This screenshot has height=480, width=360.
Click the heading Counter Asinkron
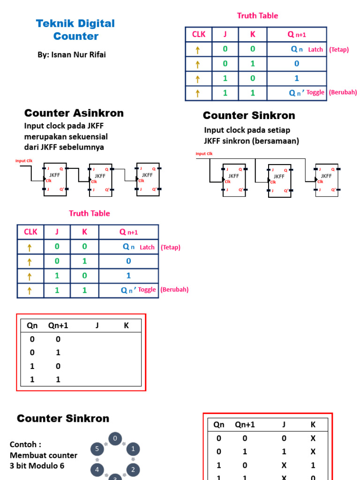pyautogui.click(x=74, y=113)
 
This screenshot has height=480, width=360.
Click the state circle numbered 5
pyautogui.click(x=97, y=449)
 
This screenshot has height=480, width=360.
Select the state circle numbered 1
pyautogui.click(x=133, y=449)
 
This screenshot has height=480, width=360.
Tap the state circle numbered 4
pyautogui.click(x=97, y=469)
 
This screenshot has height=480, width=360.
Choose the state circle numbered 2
pyautogui.click(x=133, y=469)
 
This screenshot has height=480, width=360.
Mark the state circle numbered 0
pyautogui.click(x=115, y=439)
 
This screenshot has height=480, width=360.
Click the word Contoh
pyautogui.click(x=22, y=444)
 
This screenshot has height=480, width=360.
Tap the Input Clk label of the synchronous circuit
pyautogui.click(x=204, y=154)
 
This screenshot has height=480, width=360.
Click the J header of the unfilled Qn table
pyautogui.click(x=97, y=325)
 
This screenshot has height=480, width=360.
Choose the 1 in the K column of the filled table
pyautogui.click(x=313, y=465)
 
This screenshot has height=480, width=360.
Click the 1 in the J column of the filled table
pyautogui.click(x=284, y=452)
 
